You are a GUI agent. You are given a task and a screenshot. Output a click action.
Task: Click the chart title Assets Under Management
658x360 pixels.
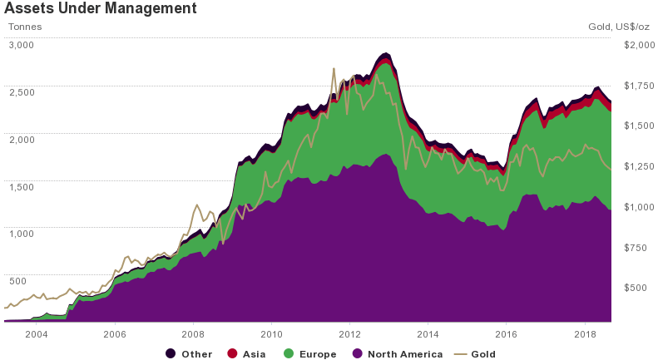[100, 9]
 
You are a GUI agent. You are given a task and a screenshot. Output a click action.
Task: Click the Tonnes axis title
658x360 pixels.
[25, 27]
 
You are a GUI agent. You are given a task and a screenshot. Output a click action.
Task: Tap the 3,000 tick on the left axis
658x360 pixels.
[21, 45]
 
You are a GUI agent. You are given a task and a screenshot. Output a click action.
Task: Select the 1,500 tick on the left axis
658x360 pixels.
[21, 187]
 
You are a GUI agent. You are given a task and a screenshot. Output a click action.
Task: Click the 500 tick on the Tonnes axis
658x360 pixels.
[18, 281]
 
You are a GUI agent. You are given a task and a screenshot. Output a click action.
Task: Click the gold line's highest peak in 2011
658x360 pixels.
[334, 68]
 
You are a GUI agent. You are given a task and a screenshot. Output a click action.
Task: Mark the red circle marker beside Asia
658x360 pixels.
[232, 354]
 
